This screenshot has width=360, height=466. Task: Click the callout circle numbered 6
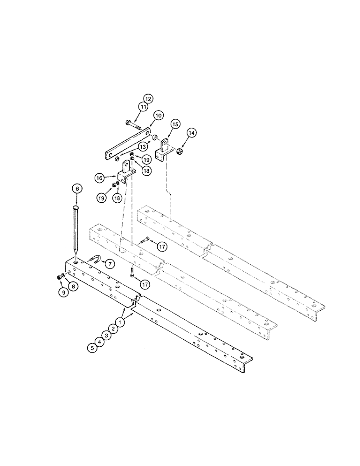pos(76,189)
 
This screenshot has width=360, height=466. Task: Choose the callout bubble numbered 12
pos(148,99)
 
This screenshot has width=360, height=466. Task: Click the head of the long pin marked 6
pos(76,208)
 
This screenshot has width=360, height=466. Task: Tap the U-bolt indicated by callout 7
pos(94,260)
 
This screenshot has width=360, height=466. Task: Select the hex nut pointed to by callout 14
pos(179,151)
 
